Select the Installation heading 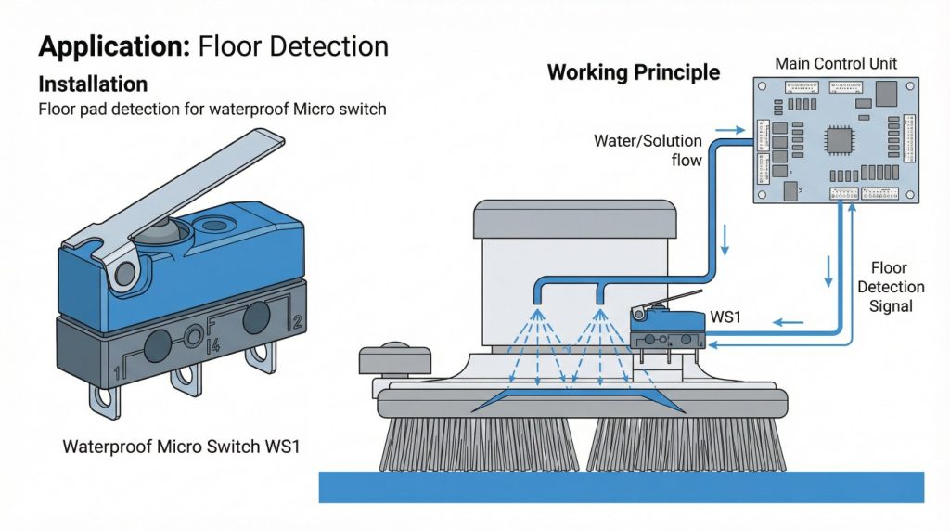click(x=93, y=84)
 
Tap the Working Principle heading click(x=633, y=72)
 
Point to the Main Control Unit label click(x=835, y=64)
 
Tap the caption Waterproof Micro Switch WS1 click(x=181, y=446)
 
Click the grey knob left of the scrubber click(x=395, y=358)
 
